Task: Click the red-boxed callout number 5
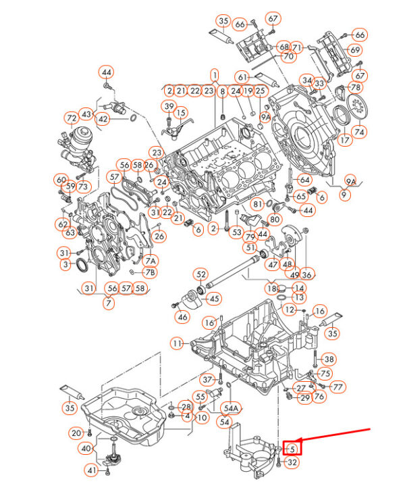[x=292, y=449]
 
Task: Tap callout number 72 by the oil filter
[x=72, y=119]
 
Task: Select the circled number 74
[x=359, y=132]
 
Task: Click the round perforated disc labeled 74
[x=358, y=107]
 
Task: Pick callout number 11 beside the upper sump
[x=178, y=344]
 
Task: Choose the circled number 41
[x=92, y=470]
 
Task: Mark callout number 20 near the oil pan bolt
[x=76, y=433]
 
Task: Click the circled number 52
[x=201, y=274]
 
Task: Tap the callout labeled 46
[x=182, y=317]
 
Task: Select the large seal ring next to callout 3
[x=82, y=265]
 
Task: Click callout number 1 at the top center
[x=215, y=75]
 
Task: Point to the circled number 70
[x=289, y=56]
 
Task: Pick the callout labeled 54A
[x=232, y=408]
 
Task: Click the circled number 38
[x=329, y=360]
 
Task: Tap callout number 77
[x=337, y=387]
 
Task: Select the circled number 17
[x=344, y=139]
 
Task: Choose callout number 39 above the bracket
[x=169, y=106]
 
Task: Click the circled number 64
[x=304, y=180]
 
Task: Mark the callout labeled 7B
[x=150, y=272]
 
